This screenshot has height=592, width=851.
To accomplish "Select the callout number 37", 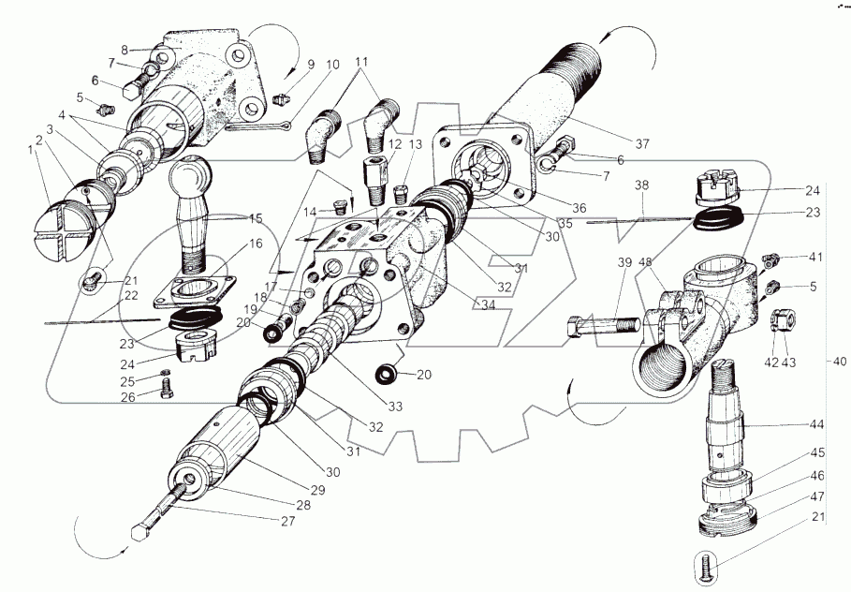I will pyautogui.click(x=642, y=143).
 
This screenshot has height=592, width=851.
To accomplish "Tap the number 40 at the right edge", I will pyautogui.click(x=838, y=360).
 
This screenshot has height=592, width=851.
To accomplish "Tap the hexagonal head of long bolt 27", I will pyautogui.click(x=139, y=534).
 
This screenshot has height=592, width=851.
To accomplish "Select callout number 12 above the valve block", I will pyautogui.click(x=395, y=145).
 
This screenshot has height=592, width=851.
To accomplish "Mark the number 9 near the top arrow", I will pyautogui.click(x=311, y=66).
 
